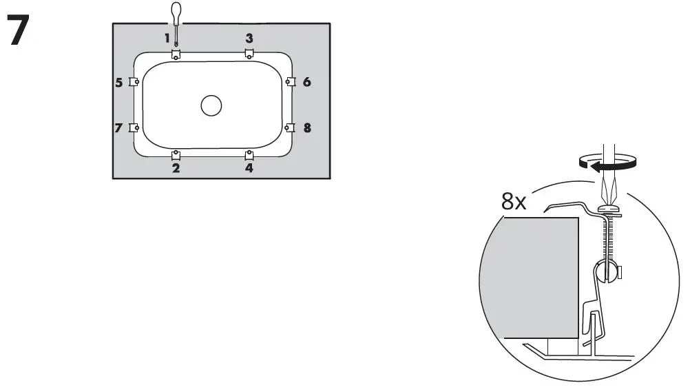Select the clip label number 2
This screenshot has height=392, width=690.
click(x=176, y=167)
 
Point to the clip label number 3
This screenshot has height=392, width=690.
click(x=249, y=39)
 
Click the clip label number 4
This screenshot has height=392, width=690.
click(x=249, y=167)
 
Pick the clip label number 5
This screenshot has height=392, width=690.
click(x=119, y=83)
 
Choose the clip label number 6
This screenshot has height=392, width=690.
click(x=306, y=82)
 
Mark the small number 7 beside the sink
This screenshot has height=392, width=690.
click(x=119, y=128)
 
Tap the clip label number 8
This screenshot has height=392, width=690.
click(x=306, y=127)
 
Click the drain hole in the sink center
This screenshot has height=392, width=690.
click(x=211, y=105)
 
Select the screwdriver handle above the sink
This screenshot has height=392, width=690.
click(x=176, y=12)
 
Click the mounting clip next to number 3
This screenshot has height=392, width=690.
click(x=249, y=53)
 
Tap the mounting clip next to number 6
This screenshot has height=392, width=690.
click(x=290, y=82)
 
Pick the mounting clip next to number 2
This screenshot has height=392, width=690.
click(x=176, y=154)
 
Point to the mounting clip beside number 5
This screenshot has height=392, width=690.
click(x=134, y=82)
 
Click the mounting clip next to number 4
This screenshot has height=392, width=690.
click(x=249, y=154)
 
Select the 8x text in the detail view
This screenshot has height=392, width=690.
click(x=514, y=201)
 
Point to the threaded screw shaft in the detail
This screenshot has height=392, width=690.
click(x=608, y=241)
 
